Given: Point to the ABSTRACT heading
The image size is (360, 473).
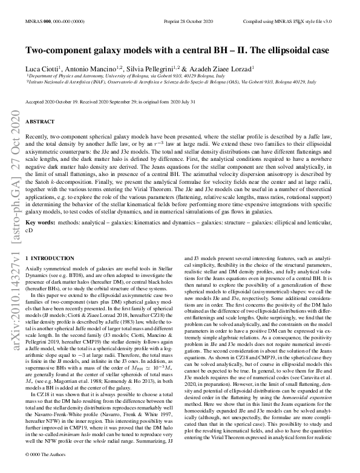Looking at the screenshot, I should [x=41, y=121].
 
